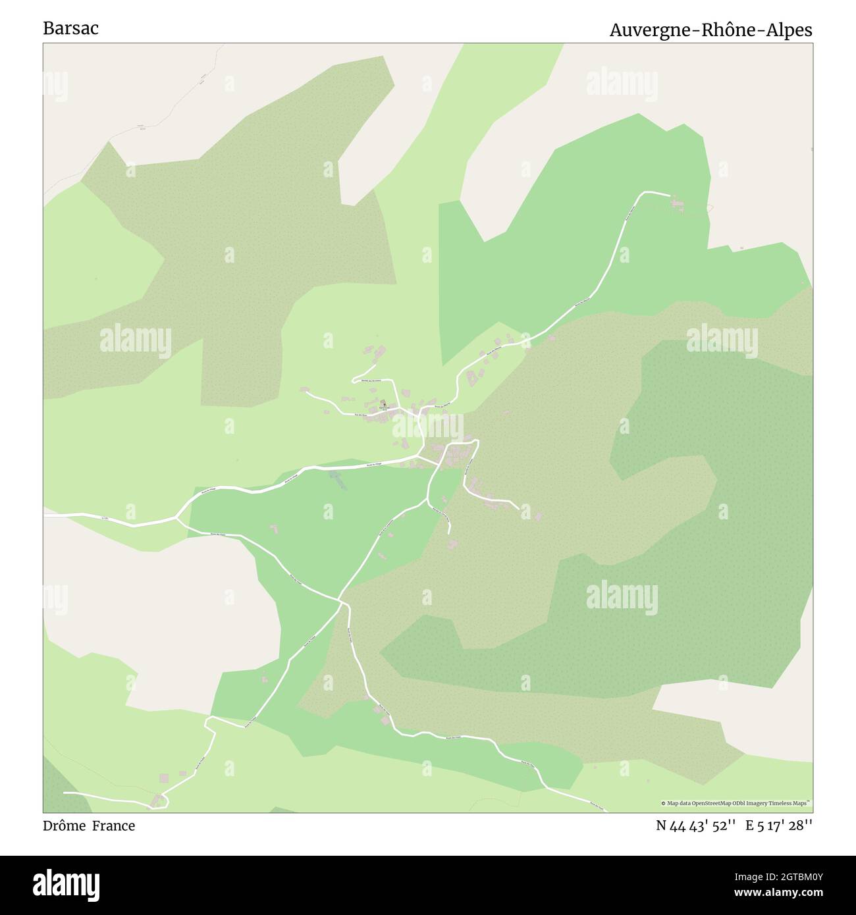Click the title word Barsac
point(70,28)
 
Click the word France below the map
point(113,825)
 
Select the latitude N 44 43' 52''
point(695,825)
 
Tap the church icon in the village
point(383,403)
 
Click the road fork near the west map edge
point(176,518)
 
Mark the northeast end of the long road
point(668,195)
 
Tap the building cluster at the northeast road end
point(678,205)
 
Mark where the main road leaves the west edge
point(45,515)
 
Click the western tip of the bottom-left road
point(65,793)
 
